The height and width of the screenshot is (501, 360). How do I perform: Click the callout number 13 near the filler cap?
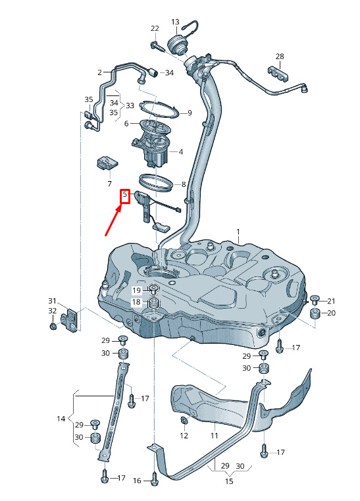click(x=175, y=22)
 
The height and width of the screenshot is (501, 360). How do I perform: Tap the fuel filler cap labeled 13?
click(x=177, y=44)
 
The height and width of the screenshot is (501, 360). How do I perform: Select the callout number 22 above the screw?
click(x=155, y=28)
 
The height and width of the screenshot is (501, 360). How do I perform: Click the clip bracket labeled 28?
click(x=278, y=74)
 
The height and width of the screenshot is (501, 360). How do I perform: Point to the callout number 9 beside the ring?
click(x=190, y=113)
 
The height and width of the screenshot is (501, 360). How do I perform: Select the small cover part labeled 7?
click(x=107, y=163)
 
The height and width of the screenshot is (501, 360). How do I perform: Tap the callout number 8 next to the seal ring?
click(x=184, y=184)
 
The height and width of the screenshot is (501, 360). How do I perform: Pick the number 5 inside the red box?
click(x=125, y=194)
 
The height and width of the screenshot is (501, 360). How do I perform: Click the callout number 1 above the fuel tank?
click(x=238, y=231)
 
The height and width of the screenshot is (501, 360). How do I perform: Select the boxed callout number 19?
click(x=136, y=290)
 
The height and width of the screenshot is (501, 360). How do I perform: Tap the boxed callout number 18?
click(x=136, y=302)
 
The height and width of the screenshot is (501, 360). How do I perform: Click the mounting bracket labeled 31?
click(x=70, y=320)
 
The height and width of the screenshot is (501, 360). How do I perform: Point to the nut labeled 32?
click(x=53, y=327)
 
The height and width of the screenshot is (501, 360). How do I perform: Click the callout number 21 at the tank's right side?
click(x=331, y=301)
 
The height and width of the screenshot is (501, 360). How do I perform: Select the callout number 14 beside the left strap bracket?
click(x=61, y=419)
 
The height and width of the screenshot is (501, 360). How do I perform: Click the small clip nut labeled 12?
click(x=184, y=421)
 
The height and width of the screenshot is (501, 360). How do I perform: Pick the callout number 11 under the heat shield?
click(x=214, y=436)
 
